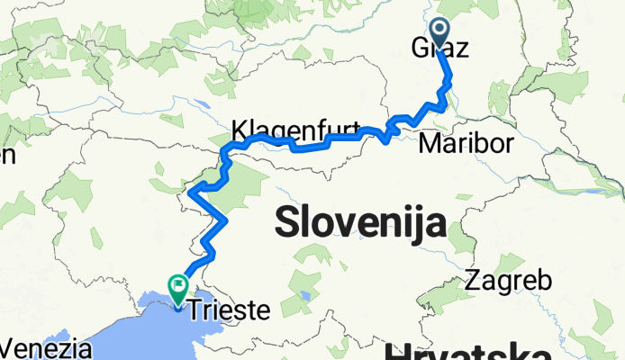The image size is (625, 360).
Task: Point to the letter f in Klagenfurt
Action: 324,127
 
